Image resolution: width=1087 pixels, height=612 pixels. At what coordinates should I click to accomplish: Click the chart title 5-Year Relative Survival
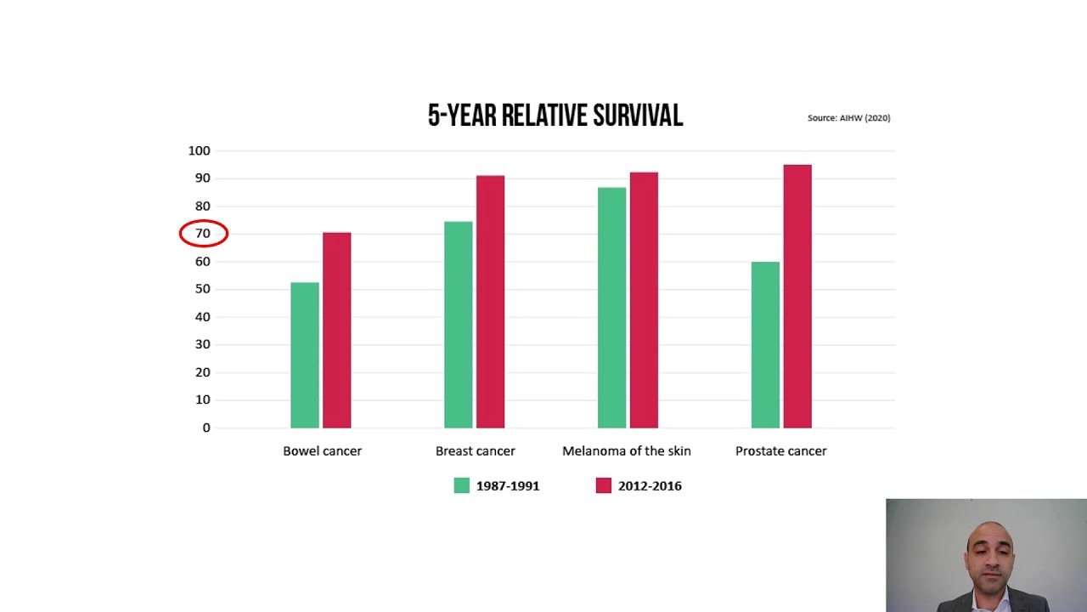pyautogui.click(x=555, y=116)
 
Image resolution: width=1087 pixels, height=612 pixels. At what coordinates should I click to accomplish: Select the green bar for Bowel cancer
pyautogui.click(x=305, y=355)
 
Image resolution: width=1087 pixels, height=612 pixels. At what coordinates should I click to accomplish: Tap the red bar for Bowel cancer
pyautogui.click(x=336, y=331)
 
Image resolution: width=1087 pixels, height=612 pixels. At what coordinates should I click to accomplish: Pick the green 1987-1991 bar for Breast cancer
pyautogui.click(x=459, y=325)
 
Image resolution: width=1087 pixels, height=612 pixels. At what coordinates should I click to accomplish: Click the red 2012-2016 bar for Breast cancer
pyautogui.click(x=490, y=302)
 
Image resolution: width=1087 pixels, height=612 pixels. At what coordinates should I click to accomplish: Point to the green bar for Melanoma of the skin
pyautogui.click(x=611, y=308)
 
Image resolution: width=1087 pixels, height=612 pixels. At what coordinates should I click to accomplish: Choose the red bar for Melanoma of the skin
pyautogui.click(x=644, y=300)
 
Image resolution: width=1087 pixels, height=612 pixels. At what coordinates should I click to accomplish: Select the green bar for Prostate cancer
pyautogui.click(x=765, y=345)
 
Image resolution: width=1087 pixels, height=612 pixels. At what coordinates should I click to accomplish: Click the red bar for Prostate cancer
pyautogui.click(x=797, y=297)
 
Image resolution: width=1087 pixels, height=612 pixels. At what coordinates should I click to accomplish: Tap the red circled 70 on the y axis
pyautogui.click(x=203, y=234)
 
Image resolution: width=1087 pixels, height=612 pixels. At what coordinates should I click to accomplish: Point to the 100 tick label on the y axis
pyautogui.click(x=199, y=150)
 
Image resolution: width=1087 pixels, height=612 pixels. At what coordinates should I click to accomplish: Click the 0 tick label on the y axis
pyautogui.click(x=206, y=428)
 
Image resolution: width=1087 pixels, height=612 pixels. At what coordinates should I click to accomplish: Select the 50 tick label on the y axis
pyautogui.click(x=203, y=289)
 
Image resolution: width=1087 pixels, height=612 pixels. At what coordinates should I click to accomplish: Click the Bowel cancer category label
pyautogui.click(x=322, y=451)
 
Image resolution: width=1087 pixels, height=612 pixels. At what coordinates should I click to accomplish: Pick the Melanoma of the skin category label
pyautogui.click(x=626, y=451)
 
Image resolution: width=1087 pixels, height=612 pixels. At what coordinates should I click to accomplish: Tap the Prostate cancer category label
pyautogui.click(x=780, y=451)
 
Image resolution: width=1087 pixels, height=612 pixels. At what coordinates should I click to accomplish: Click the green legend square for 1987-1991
pyautogui.click(x=462, y=485)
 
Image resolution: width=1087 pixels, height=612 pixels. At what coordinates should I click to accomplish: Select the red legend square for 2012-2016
pyautogui.click(x=604, y=485)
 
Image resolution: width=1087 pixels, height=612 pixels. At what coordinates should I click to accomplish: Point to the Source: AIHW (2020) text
pyautogui.click(x=848, y=118)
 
